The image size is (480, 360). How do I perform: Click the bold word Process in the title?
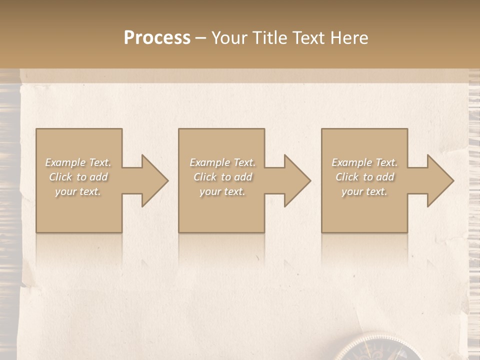157,38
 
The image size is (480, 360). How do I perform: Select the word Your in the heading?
231,38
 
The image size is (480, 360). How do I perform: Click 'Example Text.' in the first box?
78,162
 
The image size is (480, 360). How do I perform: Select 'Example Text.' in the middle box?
222,162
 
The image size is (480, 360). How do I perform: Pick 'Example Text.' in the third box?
364,162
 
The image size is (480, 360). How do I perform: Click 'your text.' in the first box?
78,191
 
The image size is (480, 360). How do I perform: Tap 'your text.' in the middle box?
222,191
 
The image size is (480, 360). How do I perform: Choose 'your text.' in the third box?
364,191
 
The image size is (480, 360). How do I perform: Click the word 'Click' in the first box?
61,177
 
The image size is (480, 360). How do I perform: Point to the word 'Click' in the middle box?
205,177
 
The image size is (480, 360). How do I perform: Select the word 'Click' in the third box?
347,177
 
